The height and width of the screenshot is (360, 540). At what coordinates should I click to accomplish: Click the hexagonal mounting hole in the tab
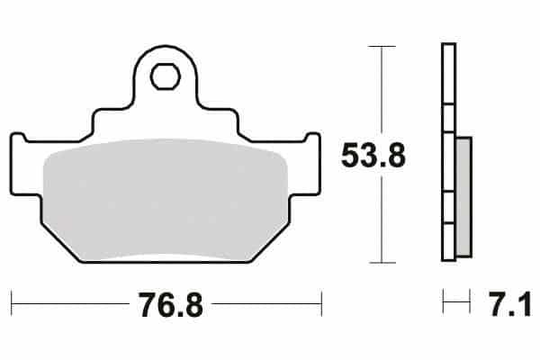(x=166, y=76)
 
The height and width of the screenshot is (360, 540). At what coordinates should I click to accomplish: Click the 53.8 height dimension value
(x=373, y=156)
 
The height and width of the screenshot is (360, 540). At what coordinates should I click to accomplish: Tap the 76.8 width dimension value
(x=170, y=305)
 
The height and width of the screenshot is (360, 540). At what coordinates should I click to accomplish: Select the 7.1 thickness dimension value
(x=510, y=303)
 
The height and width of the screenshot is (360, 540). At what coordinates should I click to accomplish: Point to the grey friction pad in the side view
(x=463, y=197)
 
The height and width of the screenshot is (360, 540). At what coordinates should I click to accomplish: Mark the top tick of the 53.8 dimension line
(x=382, y=46)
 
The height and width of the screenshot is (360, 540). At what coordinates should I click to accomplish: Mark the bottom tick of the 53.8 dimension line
(x=382, y=263)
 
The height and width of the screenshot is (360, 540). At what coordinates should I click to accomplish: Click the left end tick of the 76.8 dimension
(x=12, y=303)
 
